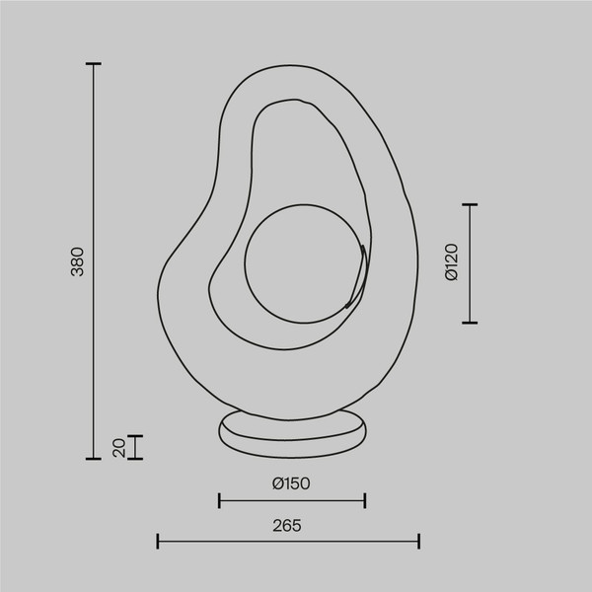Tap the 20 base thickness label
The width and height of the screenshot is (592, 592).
tap(118, 447)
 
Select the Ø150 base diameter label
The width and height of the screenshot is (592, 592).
tap(291, 483)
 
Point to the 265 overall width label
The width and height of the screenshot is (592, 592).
tap(288, 525)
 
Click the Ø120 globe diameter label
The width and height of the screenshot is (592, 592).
tap(451, 262)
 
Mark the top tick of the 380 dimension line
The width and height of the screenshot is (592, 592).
tap(94, 64)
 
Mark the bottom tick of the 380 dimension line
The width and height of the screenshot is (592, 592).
tap(94, 459)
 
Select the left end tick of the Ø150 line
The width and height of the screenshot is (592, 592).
tap(219, 500)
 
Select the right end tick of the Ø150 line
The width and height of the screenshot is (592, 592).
tap(365, 500)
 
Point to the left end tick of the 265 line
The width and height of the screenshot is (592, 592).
tap(158, 541)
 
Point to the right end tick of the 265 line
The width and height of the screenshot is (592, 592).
tap(419, 541)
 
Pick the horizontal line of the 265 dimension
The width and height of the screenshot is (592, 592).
tap(288, 541)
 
